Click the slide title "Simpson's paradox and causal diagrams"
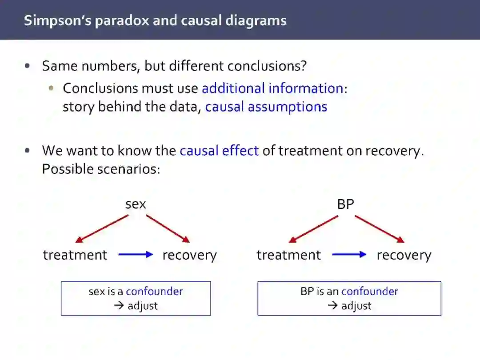tap(155, 20)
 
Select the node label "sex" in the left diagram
tap(136, 204)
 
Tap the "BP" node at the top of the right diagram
tap(345, 204)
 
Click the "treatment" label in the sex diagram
tap(75, 255)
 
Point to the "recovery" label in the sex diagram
tap(189, 255)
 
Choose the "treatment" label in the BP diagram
tap(288, 255)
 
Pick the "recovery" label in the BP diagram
tap(404, 255)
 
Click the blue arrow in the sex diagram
tap(136, 255)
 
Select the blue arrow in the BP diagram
tap(349, 255)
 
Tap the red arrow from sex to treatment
tap(102, 229)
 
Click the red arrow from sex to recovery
tap(168, 229)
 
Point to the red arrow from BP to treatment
tap(313, 229)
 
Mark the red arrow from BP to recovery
tap(379, 229)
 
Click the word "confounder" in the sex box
tap(154, 292)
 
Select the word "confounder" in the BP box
tap(370, 292)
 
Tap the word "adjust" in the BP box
tap(356, 306)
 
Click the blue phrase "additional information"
tap(272, 88)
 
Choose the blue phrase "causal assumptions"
tap(266, 107)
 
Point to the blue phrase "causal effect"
tap(219, 151)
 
